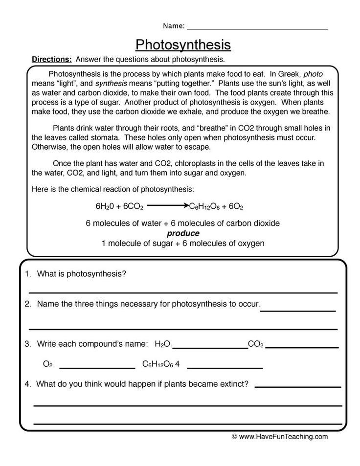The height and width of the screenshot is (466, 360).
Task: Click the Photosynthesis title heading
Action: click(183, 44)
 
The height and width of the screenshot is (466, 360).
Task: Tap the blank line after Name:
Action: click(257, 28)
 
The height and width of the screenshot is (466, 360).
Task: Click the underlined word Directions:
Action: click(52, 60)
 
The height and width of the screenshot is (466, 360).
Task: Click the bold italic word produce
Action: click(183, 233)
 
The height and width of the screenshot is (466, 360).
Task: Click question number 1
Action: click(27, 274)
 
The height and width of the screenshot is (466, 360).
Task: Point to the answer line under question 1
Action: click(183, 292)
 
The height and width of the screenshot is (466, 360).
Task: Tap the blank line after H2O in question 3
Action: click(210, 348)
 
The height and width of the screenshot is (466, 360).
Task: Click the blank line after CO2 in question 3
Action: click(302, 348)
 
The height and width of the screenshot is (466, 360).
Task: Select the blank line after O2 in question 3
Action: click(97, 368)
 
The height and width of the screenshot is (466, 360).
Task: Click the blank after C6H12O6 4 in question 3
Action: click(225, 368)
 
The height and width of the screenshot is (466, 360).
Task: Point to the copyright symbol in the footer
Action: click(234, 437)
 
